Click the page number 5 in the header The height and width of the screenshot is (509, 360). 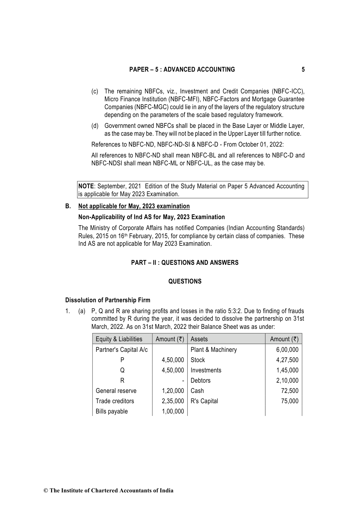tap(303, 70)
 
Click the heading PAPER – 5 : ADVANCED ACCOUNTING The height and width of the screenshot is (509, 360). tap(182, 70)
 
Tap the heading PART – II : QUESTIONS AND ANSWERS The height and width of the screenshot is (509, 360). tap(185, 263)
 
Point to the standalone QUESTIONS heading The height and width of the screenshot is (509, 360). tap(185, 281)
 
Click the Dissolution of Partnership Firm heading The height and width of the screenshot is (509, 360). tap(108, 300)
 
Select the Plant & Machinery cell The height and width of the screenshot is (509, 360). tap(214, 350)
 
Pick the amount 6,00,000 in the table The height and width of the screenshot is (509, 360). tap(287, 350)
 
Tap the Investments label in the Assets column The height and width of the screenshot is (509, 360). tap(206, 370)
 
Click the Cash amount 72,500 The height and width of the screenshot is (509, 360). tap(290, 391)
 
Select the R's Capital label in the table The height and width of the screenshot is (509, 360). tap(204, 401)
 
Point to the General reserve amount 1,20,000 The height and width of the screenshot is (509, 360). tap(173, 391)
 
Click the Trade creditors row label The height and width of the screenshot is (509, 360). tap(115, 401)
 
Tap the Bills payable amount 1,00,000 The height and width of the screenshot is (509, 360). tap(173, 411)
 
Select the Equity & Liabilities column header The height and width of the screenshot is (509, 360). tap(119, 339)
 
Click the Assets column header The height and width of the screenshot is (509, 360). tap(199, 339)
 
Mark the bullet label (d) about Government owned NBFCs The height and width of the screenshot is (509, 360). tap(95, 126)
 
